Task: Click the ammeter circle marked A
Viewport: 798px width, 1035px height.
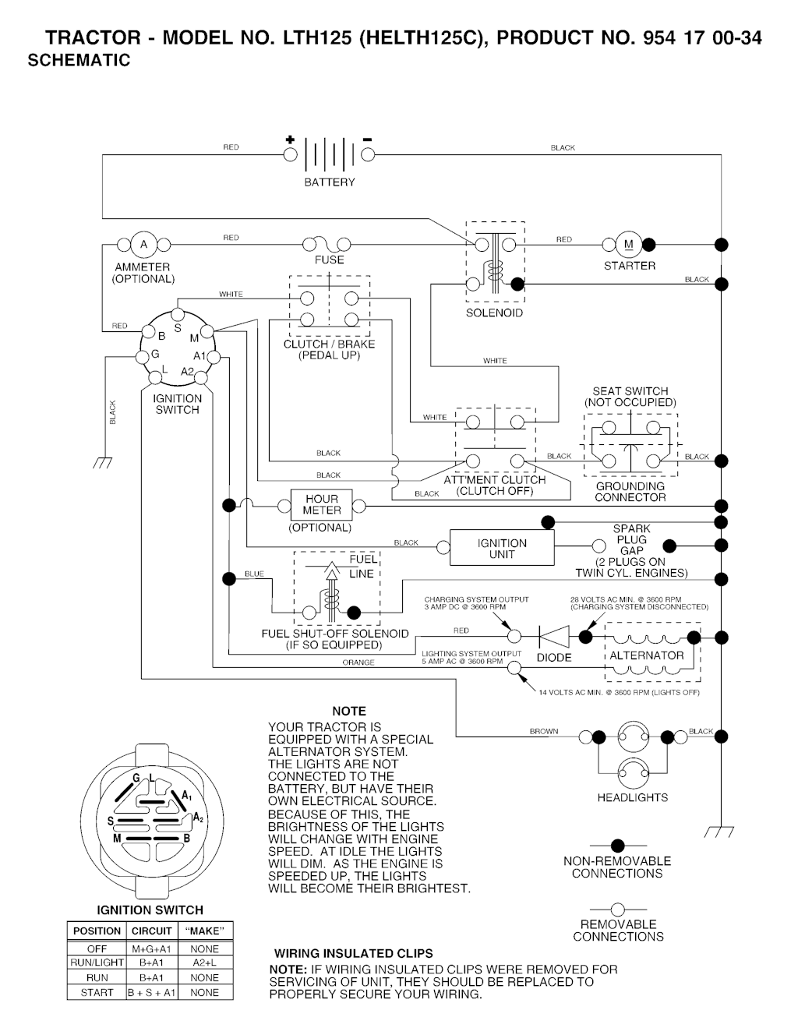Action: coord(143,245)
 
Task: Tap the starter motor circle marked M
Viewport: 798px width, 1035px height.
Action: coord(628,244)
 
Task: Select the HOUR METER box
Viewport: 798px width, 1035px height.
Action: coord(322,504)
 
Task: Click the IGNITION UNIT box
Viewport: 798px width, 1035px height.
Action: coord(502,549)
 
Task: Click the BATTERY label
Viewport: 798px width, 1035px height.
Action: coord(329,182)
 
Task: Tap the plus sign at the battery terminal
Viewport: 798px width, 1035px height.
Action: coord(290,140)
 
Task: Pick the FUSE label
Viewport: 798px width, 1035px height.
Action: coord(329,260)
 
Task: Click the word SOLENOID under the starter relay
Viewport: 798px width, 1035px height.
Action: coord(494,313)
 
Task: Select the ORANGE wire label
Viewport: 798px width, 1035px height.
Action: coord(358,662)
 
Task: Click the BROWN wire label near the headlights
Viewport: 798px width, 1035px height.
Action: coord(544,731)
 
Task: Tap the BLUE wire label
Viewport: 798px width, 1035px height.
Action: coord(254,574)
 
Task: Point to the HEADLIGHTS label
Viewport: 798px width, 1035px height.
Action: coord(632,797)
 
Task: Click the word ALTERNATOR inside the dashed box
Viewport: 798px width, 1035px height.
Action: coord(646,655)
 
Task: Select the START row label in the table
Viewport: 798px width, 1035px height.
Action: coord(97,993)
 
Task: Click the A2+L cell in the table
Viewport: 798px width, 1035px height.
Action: coord(204,963)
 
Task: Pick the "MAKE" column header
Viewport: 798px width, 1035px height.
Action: coord(205,931)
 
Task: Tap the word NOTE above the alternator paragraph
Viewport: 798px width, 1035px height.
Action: coord(348,711)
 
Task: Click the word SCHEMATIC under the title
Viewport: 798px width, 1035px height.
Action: coord(79,61)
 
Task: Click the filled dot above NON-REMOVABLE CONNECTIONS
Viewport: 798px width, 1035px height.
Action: coord(617,845)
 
